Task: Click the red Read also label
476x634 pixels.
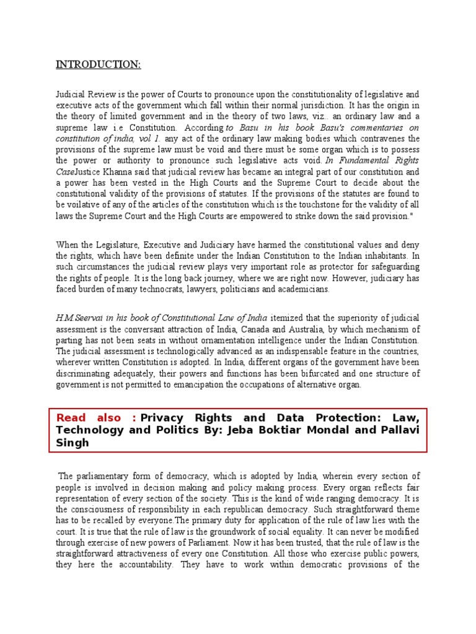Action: tap(95, 418)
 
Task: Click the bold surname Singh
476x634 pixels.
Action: tap(72, 443)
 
